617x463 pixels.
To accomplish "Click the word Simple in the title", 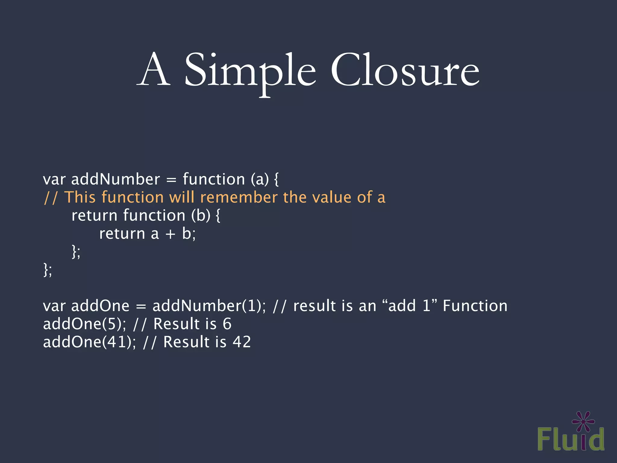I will point(250,72).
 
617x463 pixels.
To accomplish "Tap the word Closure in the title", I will point(405,71).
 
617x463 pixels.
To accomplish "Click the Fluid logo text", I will point(571,439).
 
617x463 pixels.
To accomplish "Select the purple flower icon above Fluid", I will point(583,421).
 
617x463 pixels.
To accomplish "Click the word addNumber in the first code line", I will point(115,179).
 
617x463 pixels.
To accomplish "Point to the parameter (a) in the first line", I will point(260,179).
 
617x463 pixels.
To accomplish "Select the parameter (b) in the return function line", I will point(201,216).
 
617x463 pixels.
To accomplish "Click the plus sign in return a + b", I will point(170,234).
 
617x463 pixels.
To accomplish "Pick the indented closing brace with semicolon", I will point(76,251).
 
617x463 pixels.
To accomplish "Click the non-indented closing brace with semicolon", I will point(48,269).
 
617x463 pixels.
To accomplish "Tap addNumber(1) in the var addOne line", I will point(208,306).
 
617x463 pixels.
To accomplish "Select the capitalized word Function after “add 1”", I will point(475,306).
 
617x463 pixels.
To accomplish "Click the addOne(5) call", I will point(84,324).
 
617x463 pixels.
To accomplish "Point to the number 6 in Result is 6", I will point(227,324).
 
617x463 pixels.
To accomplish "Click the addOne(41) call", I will point(89,342).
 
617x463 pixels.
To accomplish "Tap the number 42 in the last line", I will point(242,342).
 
